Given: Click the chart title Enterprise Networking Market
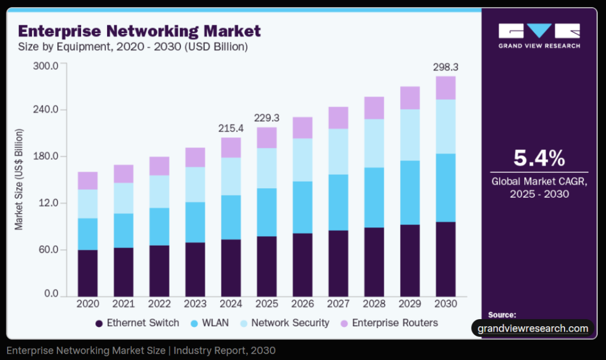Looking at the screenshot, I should tap(140, 30).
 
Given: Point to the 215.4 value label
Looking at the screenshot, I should tap(231, 128).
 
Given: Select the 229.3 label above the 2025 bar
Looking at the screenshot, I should tap(267, 118).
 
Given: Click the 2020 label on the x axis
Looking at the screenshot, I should tap(88, 304).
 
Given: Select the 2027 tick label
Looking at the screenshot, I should tap(339, 304).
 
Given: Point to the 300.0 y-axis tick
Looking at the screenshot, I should tap(46, 65).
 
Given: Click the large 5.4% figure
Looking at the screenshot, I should tap(539, 159).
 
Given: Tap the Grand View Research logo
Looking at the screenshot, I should tap(539, 36).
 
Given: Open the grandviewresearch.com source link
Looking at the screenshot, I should tap(533, 328).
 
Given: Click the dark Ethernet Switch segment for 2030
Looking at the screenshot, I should tap(446, 259).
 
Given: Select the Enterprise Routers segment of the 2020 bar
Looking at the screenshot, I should tap(88, 181).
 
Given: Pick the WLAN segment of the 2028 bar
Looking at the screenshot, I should tap(374, 198).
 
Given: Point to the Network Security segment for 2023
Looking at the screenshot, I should tap(195, 185).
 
